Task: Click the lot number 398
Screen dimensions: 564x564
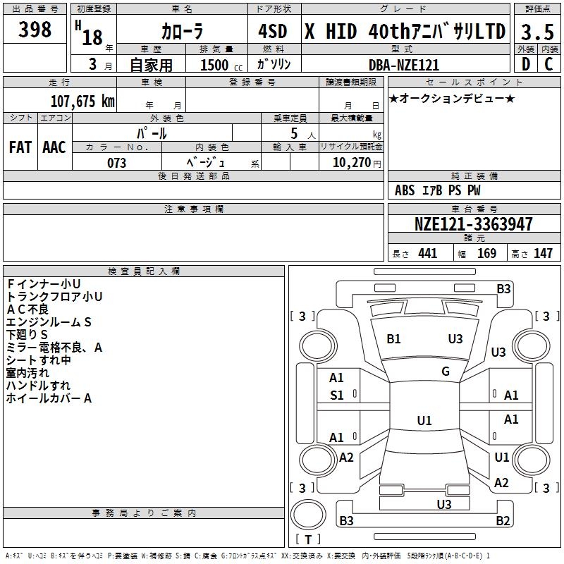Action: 35,30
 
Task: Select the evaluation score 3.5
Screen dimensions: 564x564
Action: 537,32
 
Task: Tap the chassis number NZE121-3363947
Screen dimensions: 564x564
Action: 473,224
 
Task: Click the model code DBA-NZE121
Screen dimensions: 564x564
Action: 404,65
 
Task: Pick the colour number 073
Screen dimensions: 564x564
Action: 116,163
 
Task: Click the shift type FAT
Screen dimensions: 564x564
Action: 20,147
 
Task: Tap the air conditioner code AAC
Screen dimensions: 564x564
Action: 54,147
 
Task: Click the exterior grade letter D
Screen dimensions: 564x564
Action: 525,65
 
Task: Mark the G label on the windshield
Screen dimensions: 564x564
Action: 446,372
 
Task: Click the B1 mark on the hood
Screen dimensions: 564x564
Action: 393,339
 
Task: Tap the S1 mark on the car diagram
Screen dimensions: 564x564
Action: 337,396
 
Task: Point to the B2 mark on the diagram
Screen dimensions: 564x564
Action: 503,521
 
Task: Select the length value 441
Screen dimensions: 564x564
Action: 427,254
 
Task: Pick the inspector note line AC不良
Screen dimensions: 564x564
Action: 27,309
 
